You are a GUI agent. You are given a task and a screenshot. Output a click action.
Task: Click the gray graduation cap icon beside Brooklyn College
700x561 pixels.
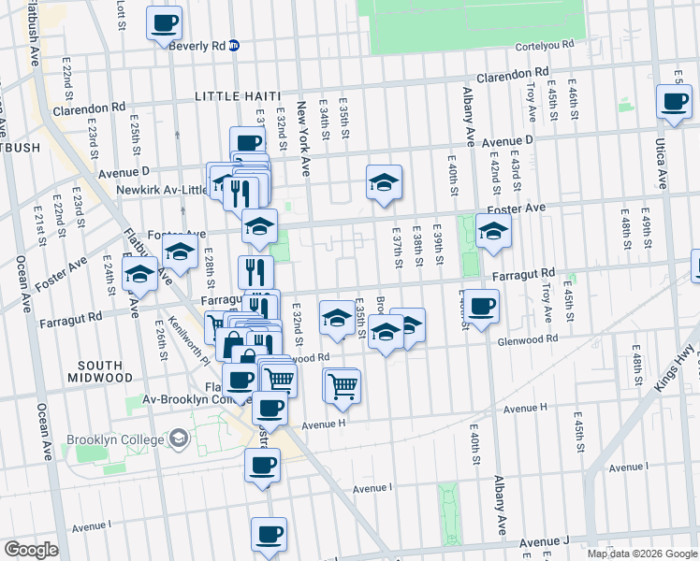coord(177,439)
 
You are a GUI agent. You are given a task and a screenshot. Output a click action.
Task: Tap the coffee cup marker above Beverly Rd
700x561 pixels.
coord(164,22)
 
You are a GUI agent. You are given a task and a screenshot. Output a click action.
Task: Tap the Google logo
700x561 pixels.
coord(31,550)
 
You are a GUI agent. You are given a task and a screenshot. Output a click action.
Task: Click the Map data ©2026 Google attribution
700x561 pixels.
coord(641,554)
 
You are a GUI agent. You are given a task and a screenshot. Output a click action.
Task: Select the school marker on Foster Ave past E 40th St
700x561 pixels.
coord(492,231)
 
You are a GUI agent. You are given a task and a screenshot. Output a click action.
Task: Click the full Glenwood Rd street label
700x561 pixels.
coord(526,339)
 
